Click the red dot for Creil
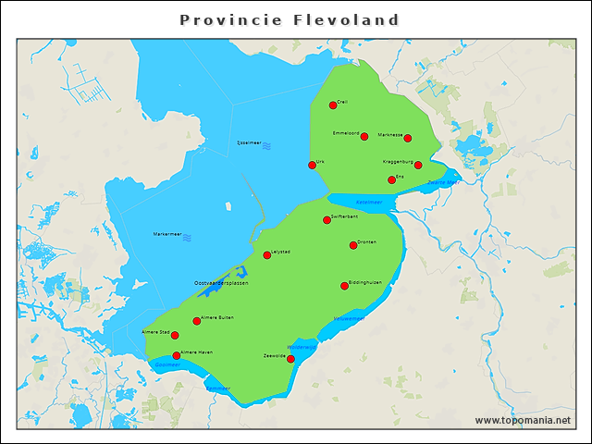tap(333, 105)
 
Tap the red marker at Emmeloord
tap(364, 137)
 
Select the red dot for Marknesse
tap(408, 139)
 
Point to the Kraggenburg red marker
tap(418, 166)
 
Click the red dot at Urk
tap(312, 166)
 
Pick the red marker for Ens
tap(392, 180)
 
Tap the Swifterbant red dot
tap(327, 220)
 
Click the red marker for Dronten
tap(353, 245)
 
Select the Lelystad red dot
tap(267, 255)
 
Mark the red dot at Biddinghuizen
tap(345, 286)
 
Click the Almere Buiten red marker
tap(196, 321)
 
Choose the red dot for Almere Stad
tap(175, 336)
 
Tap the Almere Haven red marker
tap(177, 355)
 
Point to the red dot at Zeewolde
tap(290, 359)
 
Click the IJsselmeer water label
tap(250, 144)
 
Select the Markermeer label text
tap(167, 234)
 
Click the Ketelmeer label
tap(368, 201)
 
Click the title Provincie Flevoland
tap(290, 19)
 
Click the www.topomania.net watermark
tap(523, 420)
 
